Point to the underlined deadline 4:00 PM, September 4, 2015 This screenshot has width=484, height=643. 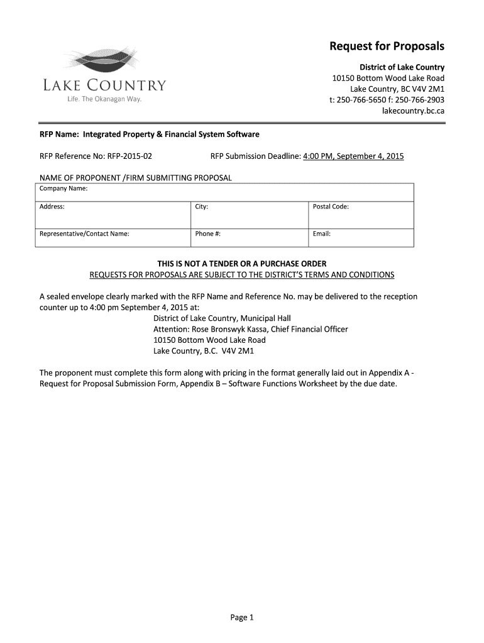click(353, 156)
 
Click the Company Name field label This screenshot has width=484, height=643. click(63, 188)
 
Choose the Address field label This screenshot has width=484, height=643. click(52, 207)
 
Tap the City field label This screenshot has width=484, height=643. click(202, 207)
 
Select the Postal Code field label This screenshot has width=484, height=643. click(331, 207)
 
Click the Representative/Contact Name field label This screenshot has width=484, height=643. click(84, 234)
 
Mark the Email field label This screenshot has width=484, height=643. click(322, 234)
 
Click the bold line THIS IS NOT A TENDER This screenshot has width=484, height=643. click(242, 264)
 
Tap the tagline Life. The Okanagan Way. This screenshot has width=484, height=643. click(105, 100)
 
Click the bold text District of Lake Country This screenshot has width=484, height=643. click(402, 67)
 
